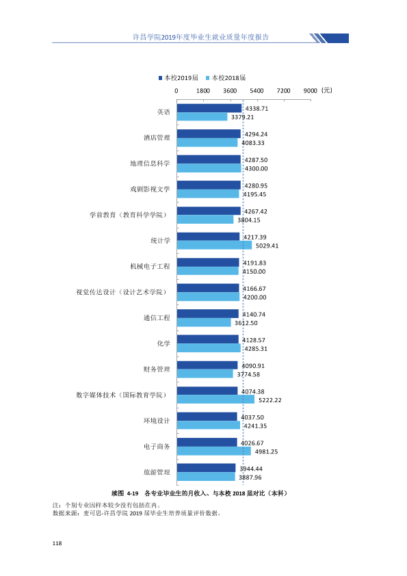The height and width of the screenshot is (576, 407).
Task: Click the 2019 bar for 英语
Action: tap(209, 108)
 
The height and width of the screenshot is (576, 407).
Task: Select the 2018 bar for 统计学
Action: tap(214, 245)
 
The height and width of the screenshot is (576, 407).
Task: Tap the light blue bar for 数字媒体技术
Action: tap(215, 400)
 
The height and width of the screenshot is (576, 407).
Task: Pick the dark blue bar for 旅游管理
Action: tap(206, 468)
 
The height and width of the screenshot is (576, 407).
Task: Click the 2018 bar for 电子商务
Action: tap(214, 451)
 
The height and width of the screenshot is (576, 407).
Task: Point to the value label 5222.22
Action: tap(270, 400)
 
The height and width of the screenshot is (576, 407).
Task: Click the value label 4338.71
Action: tap(257, 108)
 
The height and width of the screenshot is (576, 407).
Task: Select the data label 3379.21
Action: tap(242, 117)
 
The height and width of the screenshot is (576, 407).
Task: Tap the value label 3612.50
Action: tap(246, 323)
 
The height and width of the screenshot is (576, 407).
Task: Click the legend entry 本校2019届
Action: tap(179, 78)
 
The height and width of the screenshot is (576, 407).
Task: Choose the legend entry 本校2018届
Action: tap(226, 78)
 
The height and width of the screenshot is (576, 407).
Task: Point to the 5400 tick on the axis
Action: tap(257, 91)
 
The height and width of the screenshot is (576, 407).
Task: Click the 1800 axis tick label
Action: tap(203, 91)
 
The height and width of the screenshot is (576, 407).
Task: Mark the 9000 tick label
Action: tap(310, 91)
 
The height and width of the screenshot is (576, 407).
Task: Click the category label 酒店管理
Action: tap(157, 138)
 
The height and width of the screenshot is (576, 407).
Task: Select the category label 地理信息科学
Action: tap(150, 163)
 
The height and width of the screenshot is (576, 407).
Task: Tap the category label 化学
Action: tap(164, 343)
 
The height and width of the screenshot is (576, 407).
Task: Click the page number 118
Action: tap(57, 543)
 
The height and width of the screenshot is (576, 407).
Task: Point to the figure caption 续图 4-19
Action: tap(125, 493)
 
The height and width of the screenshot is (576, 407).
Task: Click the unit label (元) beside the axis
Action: tap(326, 90)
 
